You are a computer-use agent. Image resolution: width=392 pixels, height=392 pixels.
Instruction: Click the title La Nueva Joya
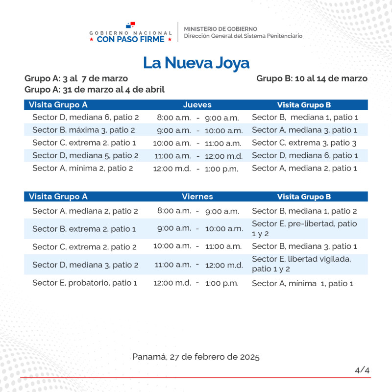point(196,63)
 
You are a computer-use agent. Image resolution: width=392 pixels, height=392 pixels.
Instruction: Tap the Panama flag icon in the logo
point(130,24)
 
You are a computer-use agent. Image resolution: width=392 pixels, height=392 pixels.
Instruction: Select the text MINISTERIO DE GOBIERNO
point(220,29)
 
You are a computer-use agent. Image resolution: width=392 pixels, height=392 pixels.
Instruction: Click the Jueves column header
point(197,105)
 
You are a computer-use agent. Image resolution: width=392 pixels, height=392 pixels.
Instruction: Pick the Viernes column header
point(197,196)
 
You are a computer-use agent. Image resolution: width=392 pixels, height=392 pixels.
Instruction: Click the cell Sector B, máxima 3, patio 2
point(83,130)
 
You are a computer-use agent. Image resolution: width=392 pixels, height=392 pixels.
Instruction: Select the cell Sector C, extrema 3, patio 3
point(304,143)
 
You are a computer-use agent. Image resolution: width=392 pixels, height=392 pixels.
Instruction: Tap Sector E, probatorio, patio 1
point(84,283)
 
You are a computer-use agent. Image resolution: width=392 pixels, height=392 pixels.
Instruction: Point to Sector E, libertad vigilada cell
point(301,264)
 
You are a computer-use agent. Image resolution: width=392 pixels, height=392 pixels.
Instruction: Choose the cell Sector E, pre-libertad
point(304,228)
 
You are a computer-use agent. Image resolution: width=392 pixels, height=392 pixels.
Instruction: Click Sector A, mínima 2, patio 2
point(82,168)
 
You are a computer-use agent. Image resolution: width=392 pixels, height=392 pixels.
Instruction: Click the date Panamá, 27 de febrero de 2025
point(196,357)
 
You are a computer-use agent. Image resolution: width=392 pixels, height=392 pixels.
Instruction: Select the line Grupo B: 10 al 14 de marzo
point(312,78)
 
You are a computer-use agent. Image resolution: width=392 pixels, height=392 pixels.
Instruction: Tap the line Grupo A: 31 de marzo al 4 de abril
point(94,90)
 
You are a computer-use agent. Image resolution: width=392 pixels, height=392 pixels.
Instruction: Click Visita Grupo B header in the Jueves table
point(304,105)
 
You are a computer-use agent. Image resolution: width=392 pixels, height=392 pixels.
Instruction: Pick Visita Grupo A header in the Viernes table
point(58,196)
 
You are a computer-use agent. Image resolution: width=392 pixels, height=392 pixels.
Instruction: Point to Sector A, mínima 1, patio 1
point(302,283)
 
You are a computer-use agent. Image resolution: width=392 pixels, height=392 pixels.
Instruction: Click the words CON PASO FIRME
point(130,39)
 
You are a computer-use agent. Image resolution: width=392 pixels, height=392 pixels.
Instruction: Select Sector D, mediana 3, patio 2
point(85,265)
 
